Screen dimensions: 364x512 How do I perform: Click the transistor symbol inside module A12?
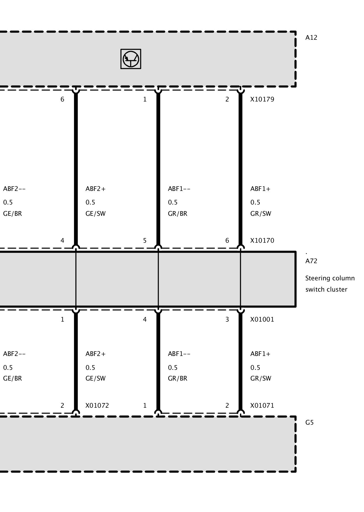coord(131,59)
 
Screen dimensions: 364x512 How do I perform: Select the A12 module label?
coord(311,38)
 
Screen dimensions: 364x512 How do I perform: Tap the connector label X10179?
coord(262,99)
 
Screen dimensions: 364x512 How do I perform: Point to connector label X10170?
coord(262,241)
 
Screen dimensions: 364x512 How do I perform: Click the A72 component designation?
coord(311,261)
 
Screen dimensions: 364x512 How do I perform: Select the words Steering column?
coord(330,279)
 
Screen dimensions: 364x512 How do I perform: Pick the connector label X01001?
coord(262,320)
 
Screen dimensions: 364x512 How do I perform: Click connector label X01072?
coord(97,406)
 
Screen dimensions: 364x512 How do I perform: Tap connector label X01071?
coord(262,406)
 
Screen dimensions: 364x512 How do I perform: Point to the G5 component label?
coord(309,423)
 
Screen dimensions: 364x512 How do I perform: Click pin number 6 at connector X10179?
coord(62,99)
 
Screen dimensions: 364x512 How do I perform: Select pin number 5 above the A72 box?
coord(145,241)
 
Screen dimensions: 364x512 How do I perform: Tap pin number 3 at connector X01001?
coord(227,320)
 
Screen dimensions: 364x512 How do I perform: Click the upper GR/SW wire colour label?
coord(261,214)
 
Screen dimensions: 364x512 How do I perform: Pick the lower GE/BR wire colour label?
coord(13,378)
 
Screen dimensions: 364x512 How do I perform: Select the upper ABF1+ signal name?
coord(260,189)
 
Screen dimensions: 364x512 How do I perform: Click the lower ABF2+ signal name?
coord(95,354)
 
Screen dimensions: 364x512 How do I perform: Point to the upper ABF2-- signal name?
coord(14,189)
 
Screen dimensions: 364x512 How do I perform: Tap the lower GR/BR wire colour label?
coord(178,378)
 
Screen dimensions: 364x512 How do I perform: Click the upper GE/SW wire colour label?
coord(95,214)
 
